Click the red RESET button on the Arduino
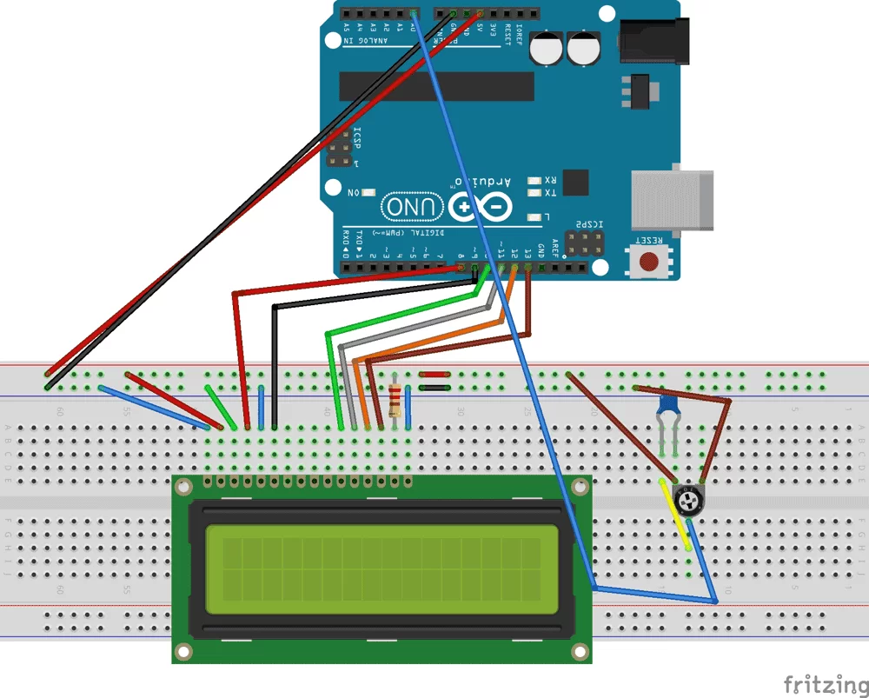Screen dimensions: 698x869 tap(648, 260)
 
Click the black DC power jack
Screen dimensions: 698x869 tap(653, 41)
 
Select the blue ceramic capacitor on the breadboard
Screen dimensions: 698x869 tap(668, 405)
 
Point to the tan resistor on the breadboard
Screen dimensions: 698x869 tap(396, 401)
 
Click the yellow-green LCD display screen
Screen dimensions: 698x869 tap(381, 566)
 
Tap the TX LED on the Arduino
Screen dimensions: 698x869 tap(534, 193)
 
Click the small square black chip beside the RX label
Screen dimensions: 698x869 tap(575, 183)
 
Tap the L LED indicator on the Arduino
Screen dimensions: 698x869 tap(534, 216)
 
